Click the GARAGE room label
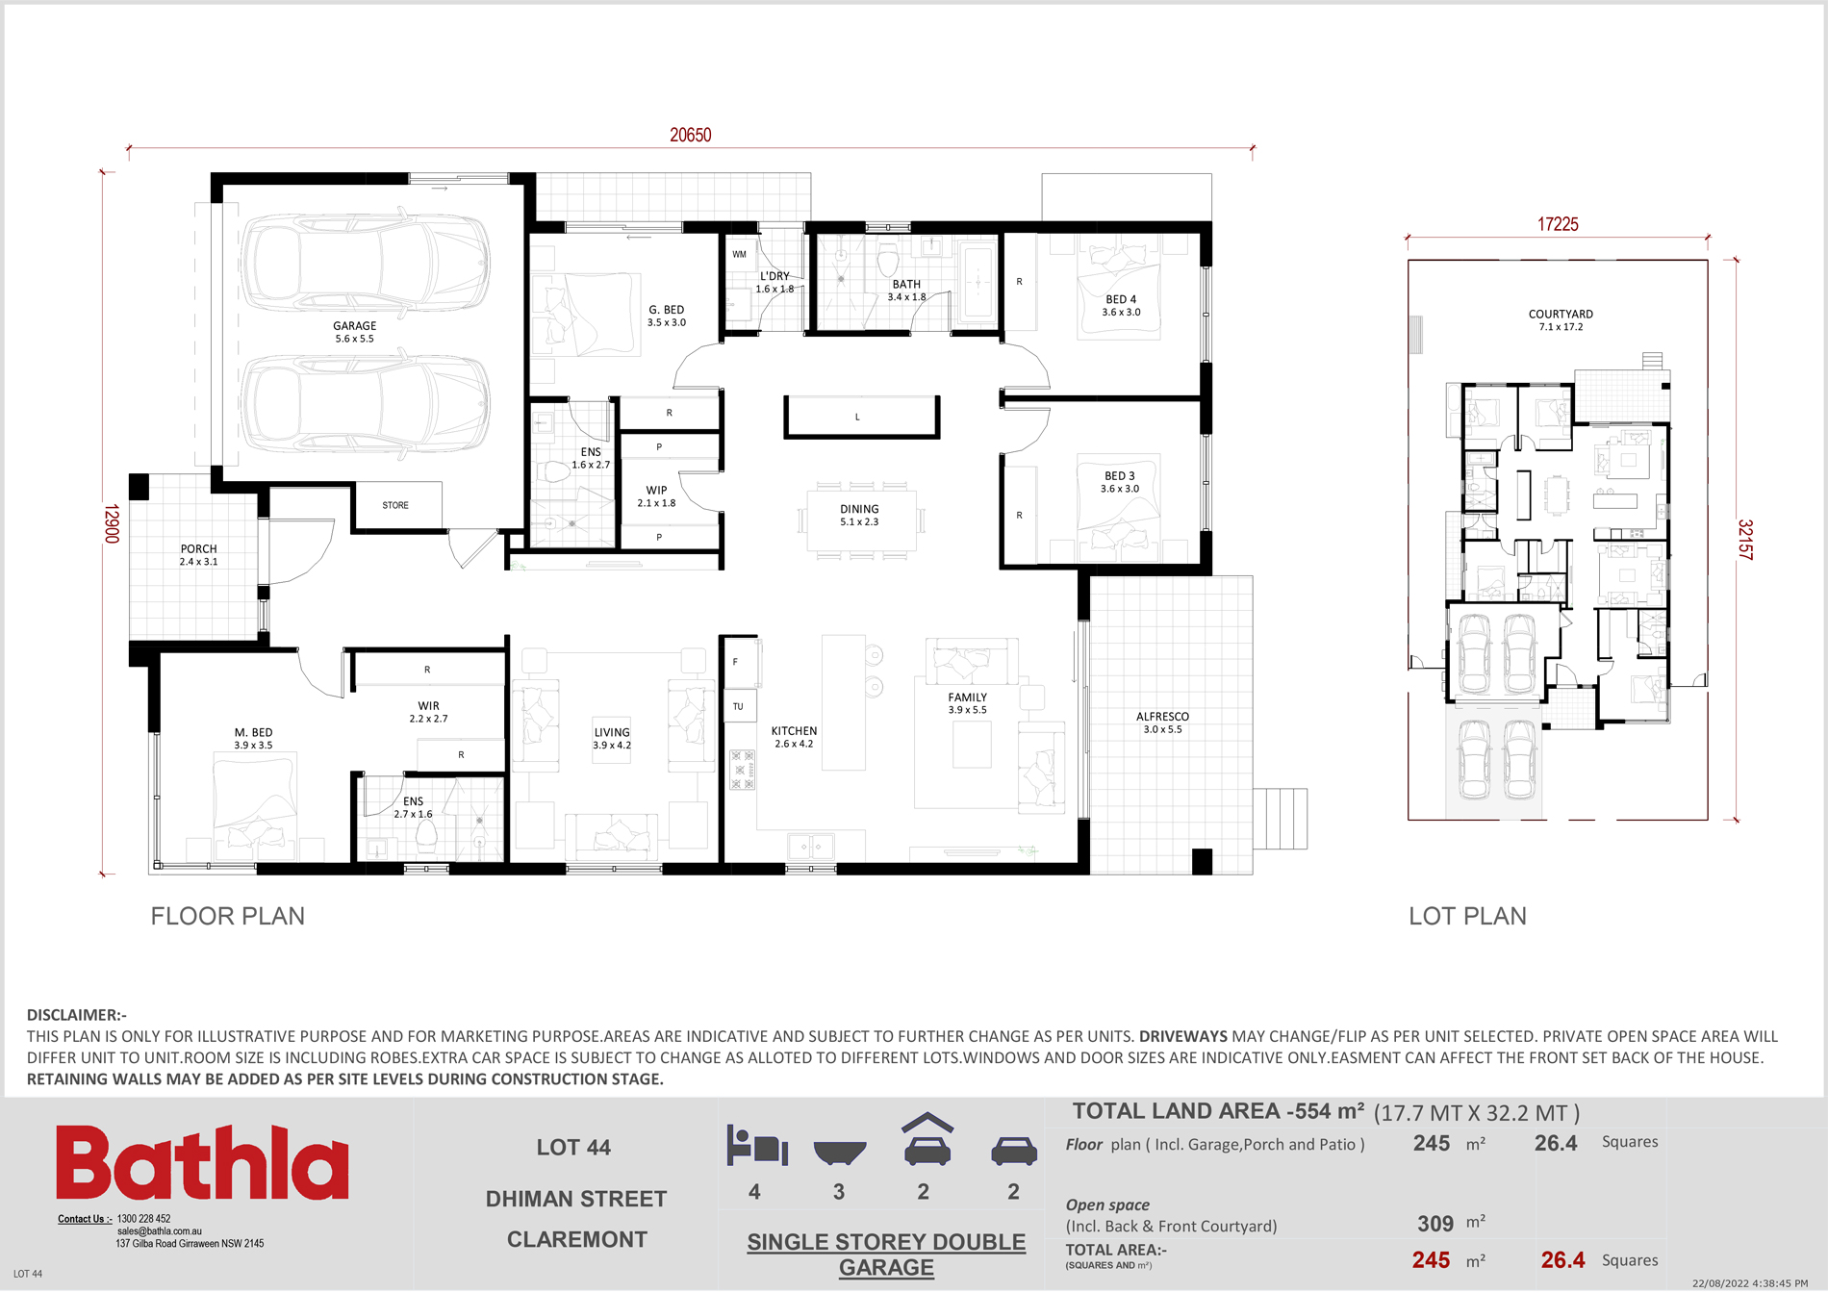(355, 326)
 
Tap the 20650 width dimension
(691, 136)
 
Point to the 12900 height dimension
(112, 523)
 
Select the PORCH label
(199, 549)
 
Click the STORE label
(395, 505)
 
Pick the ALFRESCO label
(1162, 717)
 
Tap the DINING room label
(859, 509)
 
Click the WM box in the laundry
(739, 255)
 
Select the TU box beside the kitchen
(738, 706)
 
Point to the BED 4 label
(1121, 299)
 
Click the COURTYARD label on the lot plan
(1561, 315)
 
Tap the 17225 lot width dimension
(1558, 224)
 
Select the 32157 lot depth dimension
(1745, 540)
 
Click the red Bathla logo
(202, 1162)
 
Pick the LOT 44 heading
(573, 1148)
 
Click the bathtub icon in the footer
(839, 1152)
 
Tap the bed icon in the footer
(757, 1146)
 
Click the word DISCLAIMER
(72, 1015)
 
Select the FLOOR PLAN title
(228, 916)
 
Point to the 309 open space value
(1435, 1224)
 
